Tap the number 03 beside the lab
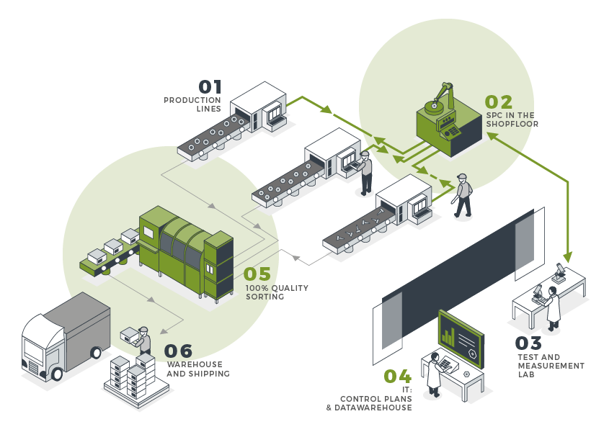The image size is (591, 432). pos(528,343)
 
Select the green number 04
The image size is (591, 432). pos(397,377)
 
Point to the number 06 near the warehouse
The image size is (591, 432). pos(178,351)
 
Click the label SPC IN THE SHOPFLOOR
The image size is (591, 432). pos(510,120)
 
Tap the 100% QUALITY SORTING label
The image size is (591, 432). pos(277,292)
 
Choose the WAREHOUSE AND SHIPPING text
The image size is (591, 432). pos(197,369)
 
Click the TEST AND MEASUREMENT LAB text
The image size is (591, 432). pos(551,366)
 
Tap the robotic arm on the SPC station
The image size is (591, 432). pos(439,98)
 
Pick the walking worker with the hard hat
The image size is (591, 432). pos(463,196)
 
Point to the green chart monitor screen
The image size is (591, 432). pos(461,338)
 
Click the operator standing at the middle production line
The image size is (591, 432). pos(366,173)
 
